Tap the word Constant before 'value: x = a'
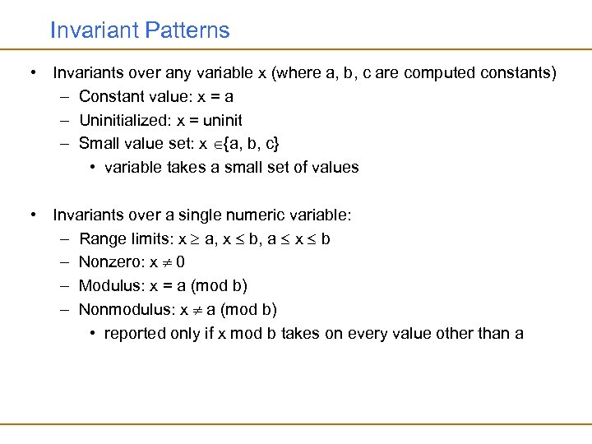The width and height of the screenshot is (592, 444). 108,96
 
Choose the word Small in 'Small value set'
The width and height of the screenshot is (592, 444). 98,144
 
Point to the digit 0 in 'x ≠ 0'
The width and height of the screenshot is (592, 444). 180,262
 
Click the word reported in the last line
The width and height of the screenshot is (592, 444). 135,334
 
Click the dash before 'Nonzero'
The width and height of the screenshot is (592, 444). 64,262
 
